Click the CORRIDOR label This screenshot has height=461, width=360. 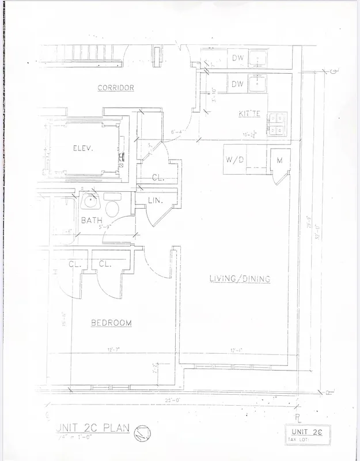pos(116,88)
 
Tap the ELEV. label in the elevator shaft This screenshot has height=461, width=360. pos(83,148)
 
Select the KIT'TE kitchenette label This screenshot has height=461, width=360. pos(249,114)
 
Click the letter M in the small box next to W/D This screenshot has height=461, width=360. pos(279,160)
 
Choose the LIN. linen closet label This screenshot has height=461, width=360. pos(156,201)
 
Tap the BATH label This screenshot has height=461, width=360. pos(92,220)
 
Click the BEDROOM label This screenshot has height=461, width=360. pos(111,323)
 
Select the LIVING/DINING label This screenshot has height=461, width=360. pos(240,279)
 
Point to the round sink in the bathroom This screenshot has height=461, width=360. pos(89,202)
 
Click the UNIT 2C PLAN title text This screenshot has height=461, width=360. pos(92,429)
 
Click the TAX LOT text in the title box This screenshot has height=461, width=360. pos(300,440)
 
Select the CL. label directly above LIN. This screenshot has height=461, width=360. pos(158,178)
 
